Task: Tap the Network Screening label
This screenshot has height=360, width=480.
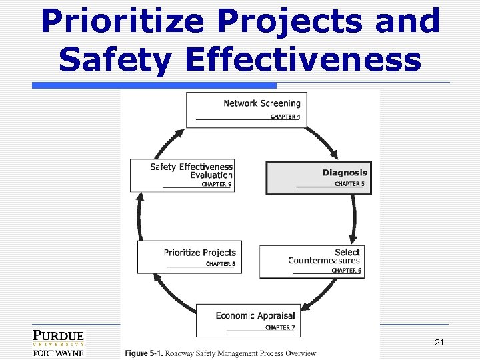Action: [x=261, y=103]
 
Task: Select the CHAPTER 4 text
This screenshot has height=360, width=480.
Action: [x=285, y=117]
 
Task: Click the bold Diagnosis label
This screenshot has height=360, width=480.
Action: [x=345, y=173]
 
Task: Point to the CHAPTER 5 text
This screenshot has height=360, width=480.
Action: [x=349, y=184]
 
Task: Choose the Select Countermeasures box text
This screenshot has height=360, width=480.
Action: [x=324, y=256]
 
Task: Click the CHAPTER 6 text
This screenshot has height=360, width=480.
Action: [x=346, y=270]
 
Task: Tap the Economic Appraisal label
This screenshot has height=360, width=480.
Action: [x=255, y=315]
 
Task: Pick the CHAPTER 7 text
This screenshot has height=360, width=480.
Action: [x=279, y=327]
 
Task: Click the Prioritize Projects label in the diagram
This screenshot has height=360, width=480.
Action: [x=199, y=253]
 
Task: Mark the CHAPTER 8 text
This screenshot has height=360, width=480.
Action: [x=221, y=264]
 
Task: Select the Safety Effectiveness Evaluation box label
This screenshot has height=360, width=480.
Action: [x=191, y=171]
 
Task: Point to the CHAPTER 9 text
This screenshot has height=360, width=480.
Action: [x=216, y=185]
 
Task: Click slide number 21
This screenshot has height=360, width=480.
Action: [x=439, y=343]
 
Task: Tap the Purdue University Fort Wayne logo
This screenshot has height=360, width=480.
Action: [x=59, y=343]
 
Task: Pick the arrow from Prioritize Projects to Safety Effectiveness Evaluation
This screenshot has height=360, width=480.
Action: [x=139, y=217]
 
